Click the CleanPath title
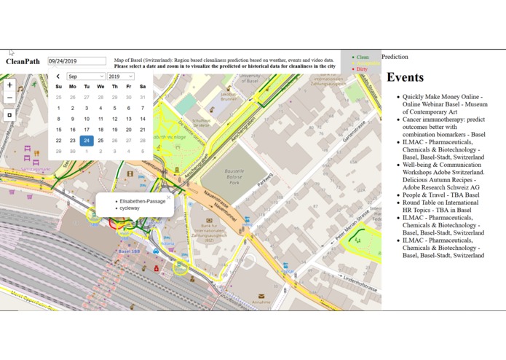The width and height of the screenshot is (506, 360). point(23,62)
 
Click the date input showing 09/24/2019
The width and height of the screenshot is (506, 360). point(76,61)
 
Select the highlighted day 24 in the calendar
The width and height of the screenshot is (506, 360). point(87,141)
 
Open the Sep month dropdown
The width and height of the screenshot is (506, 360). point(86,77)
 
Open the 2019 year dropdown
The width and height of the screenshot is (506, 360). point(120,77)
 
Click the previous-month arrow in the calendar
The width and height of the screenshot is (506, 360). point(58,77)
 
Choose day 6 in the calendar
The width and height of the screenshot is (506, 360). point(129,108)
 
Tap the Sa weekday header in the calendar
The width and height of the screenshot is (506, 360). point(143,87)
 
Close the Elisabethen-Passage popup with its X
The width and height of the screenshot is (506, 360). point(168,197)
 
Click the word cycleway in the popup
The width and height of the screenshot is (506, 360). point(130,208)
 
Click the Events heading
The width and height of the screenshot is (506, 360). point(405,77)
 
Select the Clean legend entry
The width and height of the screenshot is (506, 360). point(362,57)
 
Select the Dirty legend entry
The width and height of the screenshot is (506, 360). point(362,69)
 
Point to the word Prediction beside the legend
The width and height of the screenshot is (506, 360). point(395,57)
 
